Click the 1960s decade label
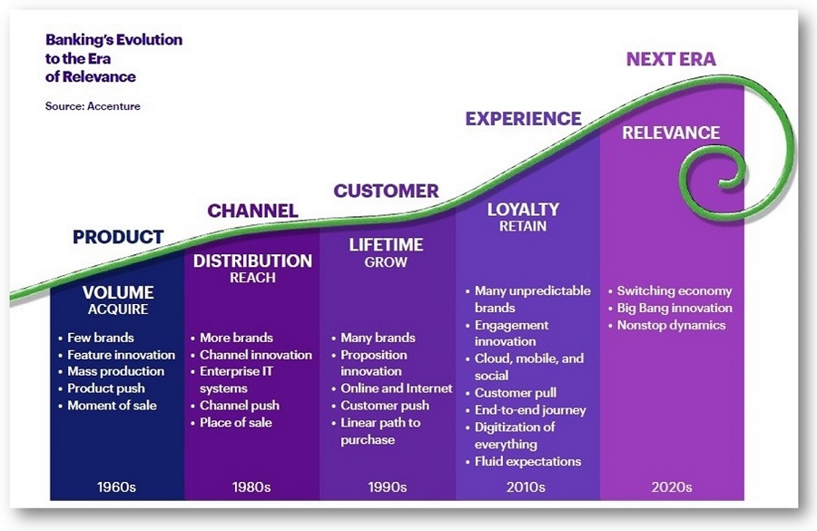(116, 487)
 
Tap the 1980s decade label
(251, 487)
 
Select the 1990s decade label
(388, 487)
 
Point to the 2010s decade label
(526, 487)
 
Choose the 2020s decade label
(671, 487)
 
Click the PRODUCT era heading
(118, 238)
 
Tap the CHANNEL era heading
(252, 211)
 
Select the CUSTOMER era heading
(386, 192)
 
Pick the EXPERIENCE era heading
(523, 119)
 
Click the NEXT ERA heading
(671, 60)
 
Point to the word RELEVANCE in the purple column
(671, 133)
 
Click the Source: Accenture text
(93, 106)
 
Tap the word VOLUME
(118, 293)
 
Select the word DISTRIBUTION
(252, 261)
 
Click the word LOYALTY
(523, 210)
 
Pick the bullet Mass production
(115, 371)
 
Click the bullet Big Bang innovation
(674, 309)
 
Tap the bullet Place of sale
(235, 422)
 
